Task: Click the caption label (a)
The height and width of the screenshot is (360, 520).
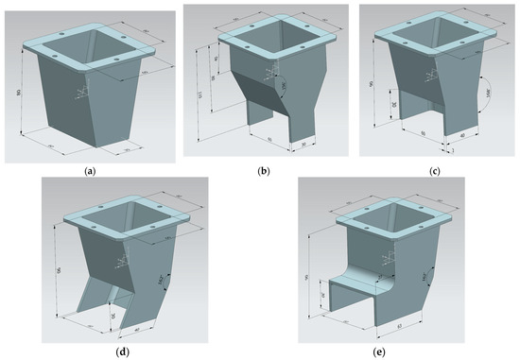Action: tap(89, 171)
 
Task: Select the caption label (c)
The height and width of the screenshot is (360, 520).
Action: tap(435, 171)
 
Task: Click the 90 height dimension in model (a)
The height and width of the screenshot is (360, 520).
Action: tap(17, 93)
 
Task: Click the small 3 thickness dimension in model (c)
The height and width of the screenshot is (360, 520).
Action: tap(452, 149)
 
